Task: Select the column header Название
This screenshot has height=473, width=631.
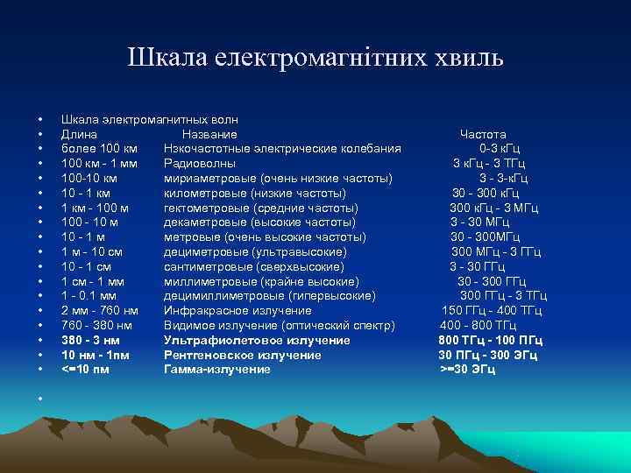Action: coord(209,134)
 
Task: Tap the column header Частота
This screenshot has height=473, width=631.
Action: coord(483,134)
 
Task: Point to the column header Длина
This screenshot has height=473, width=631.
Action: coord(79,134)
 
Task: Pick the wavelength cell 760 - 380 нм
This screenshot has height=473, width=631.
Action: coord(100,325)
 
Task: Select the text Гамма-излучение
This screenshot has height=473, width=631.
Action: coord(217,370)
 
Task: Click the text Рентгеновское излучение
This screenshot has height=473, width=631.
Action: coord(243,355)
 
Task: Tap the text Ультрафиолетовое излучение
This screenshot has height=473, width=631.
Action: coord(257,340)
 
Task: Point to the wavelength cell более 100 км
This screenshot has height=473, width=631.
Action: coord(99,148)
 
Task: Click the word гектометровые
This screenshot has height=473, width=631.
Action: coord(206,208)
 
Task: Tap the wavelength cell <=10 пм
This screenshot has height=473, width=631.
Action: coord(86,370)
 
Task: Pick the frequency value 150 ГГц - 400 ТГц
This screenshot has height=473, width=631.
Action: coord(492,310)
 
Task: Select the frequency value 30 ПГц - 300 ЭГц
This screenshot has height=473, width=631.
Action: coord(488,355)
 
